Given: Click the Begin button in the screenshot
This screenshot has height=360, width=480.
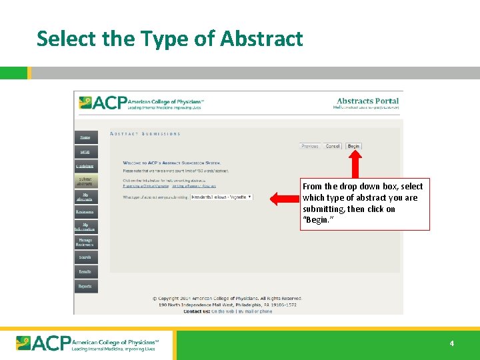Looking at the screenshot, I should pyautogui.click(x=353, y=146).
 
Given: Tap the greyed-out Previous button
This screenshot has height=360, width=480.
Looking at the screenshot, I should pyautogui.click(x=310, y=146).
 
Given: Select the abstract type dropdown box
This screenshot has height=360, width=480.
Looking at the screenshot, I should pyautogui.click(x=222, y=197).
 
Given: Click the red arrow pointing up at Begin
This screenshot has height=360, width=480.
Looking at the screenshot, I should pyautogui.click(x=355, y=163).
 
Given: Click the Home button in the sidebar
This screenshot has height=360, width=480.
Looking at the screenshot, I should pyautogui.click(x=85, y=137).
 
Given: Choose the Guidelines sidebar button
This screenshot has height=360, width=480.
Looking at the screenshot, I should pyautogui.click(x=85, y=166).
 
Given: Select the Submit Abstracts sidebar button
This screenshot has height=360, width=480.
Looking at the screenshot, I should pyautogui.click(x=85, y=181).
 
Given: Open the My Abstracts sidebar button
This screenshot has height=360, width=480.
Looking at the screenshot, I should pyautogui.click(x=85, y=197).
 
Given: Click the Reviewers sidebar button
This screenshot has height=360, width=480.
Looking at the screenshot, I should pyautogui.click(x=85, y=212).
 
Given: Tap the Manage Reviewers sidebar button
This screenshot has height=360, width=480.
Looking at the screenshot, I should pyautogui.click(x=85, y=242).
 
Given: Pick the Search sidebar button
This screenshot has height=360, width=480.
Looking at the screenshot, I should pyautogui.click(x=85, y=257).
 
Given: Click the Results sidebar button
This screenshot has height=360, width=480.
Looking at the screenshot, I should pyautogui.click(x=85, y=271).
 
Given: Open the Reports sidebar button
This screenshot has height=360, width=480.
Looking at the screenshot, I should pyautogui.click(x=85, y=286).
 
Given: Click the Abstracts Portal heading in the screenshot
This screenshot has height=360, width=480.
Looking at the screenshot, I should pyautogui.click(x=367, y=101).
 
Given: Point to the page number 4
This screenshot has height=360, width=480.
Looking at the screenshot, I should pyautogui.click(x=451, y=344).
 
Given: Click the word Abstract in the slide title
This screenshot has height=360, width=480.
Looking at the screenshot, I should pyautogui.click(x=261, y=39).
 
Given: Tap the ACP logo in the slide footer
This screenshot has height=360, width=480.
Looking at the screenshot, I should pyautogui.click(x=87, y=343).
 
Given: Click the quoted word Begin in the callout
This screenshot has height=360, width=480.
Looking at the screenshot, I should pyautogui.click(x=316, y=220).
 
